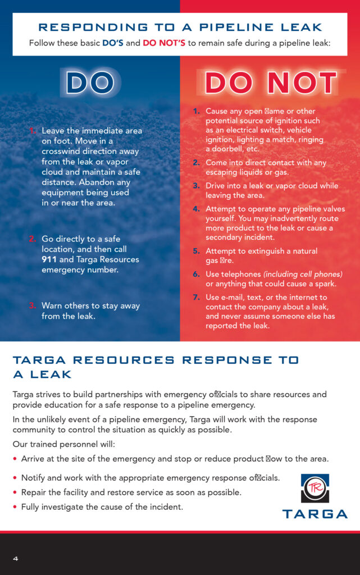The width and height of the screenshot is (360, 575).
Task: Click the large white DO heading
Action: click(90, 83)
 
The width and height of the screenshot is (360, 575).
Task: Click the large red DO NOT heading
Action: click(270, 83)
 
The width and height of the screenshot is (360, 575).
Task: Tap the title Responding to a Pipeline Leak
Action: click(180, 27)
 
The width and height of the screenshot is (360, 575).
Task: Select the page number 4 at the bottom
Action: click(16, 558)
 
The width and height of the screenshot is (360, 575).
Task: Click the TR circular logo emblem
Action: click(315, 489)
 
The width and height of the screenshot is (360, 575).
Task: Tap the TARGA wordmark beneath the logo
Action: click(315, 514)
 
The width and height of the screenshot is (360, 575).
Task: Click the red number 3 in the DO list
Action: click(33, 305)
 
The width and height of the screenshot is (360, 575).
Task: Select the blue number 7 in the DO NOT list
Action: click(196, 297)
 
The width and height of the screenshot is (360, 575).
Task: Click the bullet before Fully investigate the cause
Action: click(15, 507)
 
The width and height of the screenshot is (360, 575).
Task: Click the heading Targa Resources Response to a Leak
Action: click(156, 367)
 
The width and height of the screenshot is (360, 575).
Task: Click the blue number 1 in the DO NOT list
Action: click(196, 111)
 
